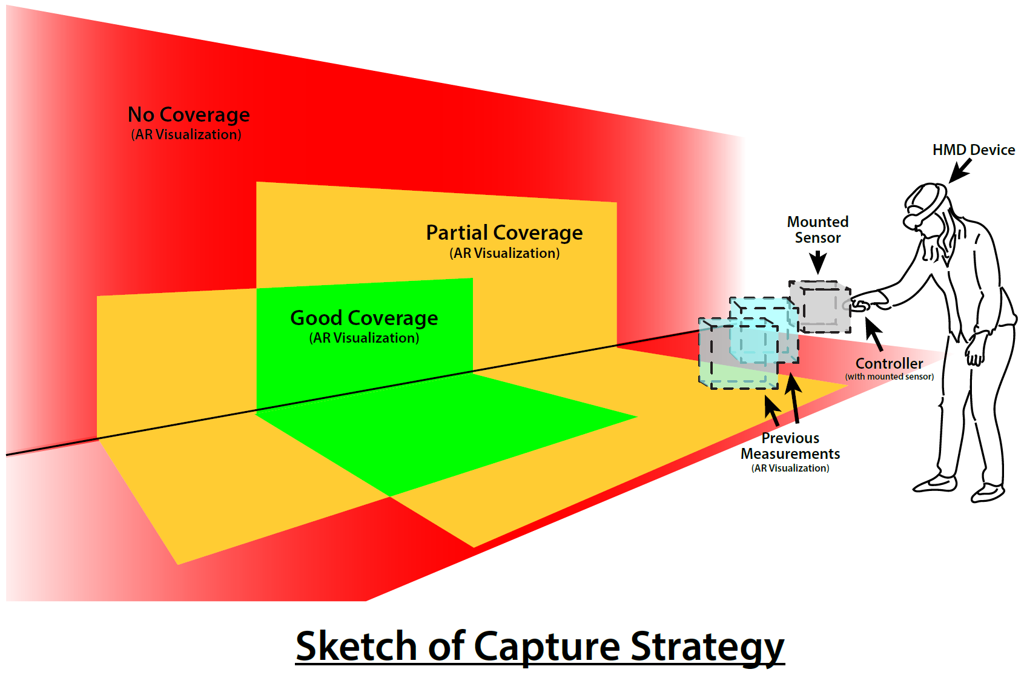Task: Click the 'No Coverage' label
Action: (x=188, y=114)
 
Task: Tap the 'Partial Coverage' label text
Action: (x=504, y=232)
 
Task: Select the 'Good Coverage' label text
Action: (x=364, y=318)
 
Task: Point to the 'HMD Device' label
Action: (x=973, y=150)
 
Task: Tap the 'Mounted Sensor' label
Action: (x=818, y=229)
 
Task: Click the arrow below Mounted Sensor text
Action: (x=818, y=263)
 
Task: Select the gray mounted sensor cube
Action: (x=821, y=306)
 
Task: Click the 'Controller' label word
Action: (x=889, y=363)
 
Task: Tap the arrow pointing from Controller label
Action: (x=874, y=334)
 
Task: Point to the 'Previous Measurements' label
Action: (x=790, y=446)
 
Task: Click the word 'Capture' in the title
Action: (x=547, y=646)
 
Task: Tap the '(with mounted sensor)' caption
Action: (x=890, y=377)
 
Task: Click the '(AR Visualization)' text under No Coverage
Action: (x=186, y=134)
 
